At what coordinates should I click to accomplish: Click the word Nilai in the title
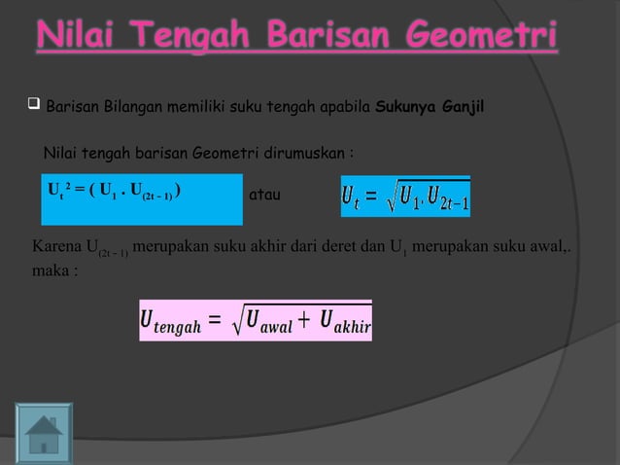pos(81,38)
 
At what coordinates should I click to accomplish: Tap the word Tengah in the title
pos(195,38)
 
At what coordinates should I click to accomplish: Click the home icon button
pos(44,434)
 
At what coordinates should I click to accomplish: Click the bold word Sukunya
pos(407,104)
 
